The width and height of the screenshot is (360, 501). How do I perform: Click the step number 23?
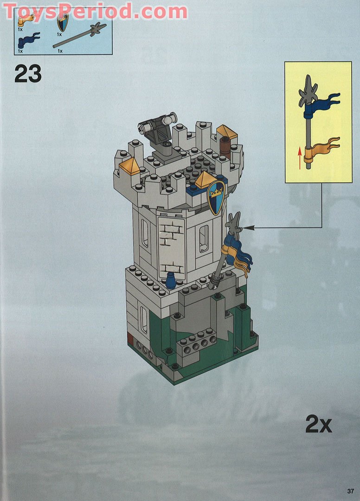(x=28, y=74)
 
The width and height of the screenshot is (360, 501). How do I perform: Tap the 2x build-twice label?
(x=318, y=424)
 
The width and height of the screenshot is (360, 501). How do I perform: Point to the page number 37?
(x=350, y=491)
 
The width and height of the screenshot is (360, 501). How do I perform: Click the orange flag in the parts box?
(x=26, y=19)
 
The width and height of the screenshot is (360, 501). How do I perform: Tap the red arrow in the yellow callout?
(x=300, y=156)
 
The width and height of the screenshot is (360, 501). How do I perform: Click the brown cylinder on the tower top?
(x=225, y=147)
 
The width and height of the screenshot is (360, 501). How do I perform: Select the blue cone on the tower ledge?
(x=171, y=280)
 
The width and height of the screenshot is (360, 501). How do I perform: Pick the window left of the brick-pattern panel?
(x=145, y=233)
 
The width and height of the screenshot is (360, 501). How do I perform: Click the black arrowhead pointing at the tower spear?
(x=246, y=227)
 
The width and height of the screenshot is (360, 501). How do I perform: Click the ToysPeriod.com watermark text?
(x=95, y=11)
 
